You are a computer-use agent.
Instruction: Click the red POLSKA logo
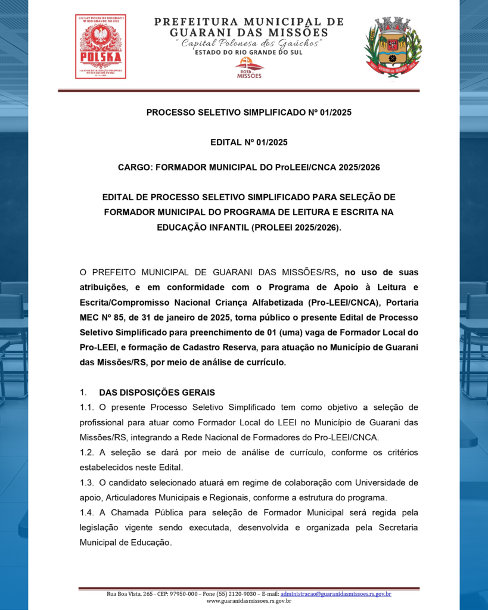[100, 46]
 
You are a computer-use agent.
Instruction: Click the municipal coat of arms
[393, 46]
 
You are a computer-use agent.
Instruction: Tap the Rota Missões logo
[249, 68]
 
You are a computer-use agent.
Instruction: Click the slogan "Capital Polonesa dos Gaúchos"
[249, 43]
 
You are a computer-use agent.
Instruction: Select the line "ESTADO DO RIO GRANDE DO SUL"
[248, 52]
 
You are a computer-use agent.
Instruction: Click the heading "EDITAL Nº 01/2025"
[249, 142]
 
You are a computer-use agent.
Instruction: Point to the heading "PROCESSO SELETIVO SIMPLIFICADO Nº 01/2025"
[249, 112]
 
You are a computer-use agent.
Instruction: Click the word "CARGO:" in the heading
[135, 168]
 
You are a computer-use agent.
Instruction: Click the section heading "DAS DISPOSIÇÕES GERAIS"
[157, 393]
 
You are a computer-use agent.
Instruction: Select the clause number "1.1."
[87, 407]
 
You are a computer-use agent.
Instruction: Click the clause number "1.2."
[87, 452]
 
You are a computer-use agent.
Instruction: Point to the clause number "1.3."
[87, 482]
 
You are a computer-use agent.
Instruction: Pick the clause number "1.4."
[87, 512]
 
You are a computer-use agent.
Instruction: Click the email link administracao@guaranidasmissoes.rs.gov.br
[335, 594]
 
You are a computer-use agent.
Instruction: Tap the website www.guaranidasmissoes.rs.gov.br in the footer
[249, 601]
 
